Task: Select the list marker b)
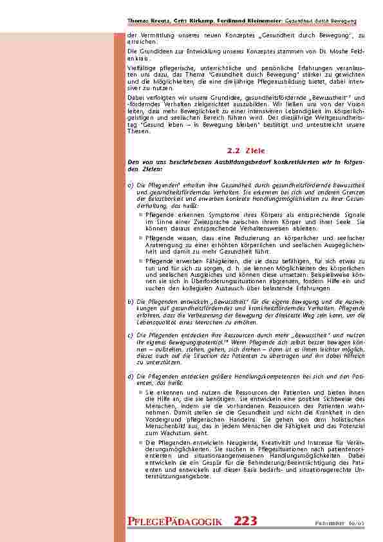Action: click(x=131, y=301)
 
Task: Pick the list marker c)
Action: click(x=131, y=335)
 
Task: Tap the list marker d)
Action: click(x=131, y=375)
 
